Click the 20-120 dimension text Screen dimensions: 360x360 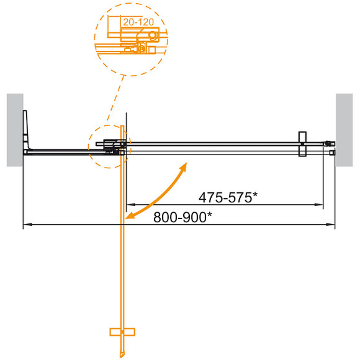[x=137, y=22]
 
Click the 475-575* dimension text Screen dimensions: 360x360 [x=228, y=197]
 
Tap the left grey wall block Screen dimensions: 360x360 [x=14, y=130]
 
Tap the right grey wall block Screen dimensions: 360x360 [x=344, y=130]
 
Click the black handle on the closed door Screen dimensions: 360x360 [x=302, y=145]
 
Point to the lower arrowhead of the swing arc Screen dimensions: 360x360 [x=129, y=217]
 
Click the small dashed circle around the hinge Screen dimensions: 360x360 [x=109, y=147]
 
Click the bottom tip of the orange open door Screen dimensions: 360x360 [x=124, y=353]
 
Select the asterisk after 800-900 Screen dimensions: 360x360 [x=209, y=214]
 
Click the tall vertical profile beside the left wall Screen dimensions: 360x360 [x=25, y=130]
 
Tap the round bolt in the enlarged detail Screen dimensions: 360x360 [x=143, y=48]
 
